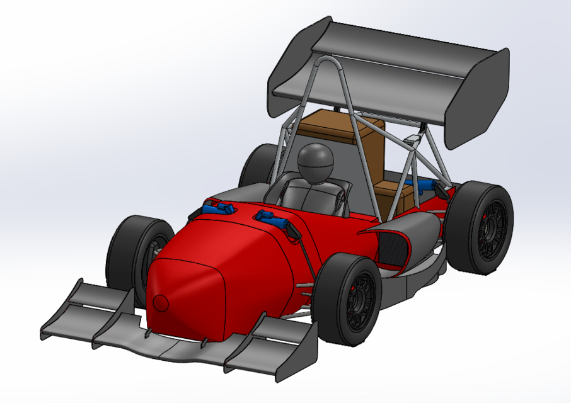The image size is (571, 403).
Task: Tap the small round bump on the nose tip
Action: (x=161, y=303)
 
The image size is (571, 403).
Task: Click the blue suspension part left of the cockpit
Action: (x=218, y=207)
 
